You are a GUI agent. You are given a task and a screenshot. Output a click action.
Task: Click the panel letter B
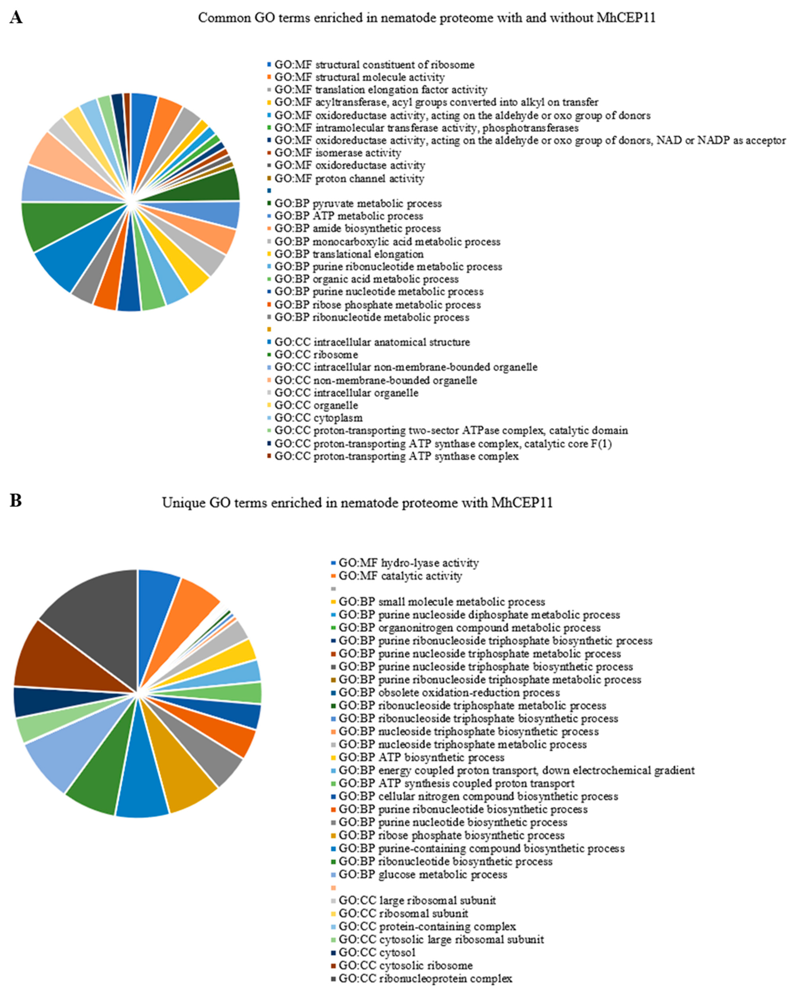[16, 500]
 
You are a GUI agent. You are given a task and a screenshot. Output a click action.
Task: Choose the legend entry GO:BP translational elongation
[348, 254]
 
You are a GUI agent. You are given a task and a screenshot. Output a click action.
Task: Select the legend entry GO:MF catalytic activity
[400, 576]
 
